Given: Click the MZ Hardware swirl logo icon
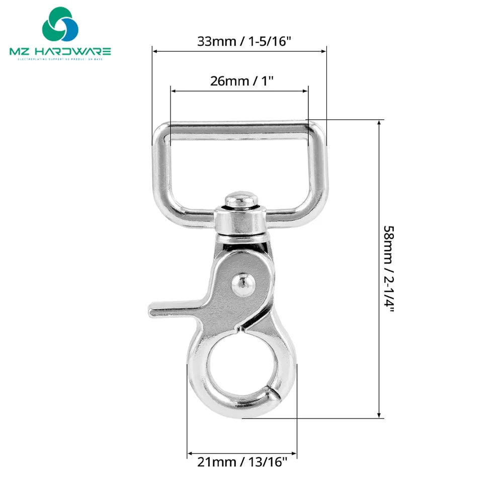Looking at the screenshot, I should pos(60,24).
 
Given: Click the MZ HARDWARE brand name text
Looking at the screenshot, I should pos(60,51).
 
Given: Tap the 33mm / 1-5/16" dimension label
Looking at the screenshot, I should pos(244,41).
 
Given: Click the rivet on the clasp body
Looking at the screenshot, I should pos(243,285).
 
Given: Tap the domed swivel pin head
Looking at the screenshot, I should pos(241,200).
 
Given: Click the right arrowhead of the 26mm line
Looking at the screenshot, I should pos(305,91).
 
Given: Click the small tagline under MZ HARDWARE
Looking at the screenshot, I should pos(60,60).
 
